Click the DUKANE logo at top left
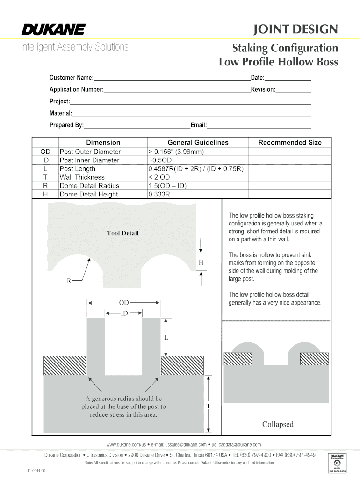pyautogui.click(x=53, y=30)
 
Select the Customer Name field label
pyautogui.click(x=72, y=78)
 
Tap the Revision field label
pyautogui.click(x=263, y=89)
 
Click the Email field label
pyautogui.click(x=198, y=125)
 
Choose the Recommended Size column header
pyautogui.click(x=290, y=142)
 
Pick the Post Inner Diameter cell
pyautogui.click(x=89, y=160)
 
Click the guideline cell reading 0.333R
pyautogui.click(x=159, y=194)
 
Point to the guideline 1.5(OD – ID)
pyautogui.click(x=167, y=186)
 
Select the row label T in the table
pyautogui.click(x=45, y=177)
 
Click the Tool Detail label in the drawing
pyautogui.click(x=122, y=233)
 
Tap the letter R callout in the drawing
pyautogui.click(x=69, y=281)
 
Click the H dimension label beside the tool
pyautogui.click(x=201, y=262)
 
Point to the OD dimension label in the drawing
pyautogui.click(x=124, y=303)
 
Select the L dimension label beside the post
pyautogui.click(x=166, y=337)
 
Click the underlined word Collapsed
pyautogui.click(x=278, y=424)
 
